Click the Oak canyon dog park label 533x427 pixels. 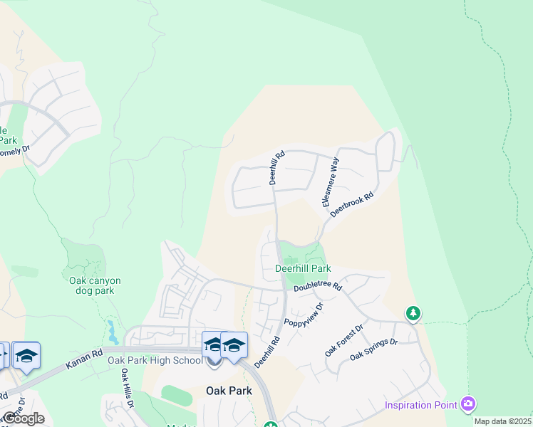[95, 285]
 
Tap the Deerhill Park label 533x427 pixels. [303, 269]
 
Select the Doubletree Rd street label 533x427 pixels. [318, 287]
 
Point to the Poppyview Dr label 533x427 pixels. [304, 313]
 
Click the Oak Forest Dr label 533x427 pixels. [343, 340]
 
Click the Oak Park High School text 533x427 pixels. [155, 360]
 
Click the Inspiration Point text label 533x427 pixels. [420, 405]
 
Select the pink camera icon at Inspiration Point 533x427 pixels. [468, 404]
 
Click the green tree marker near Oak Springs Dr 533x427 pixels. [413, 313]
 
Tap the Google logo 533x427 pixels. [24, 418]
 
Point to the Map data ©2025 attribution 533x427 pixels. [503, 421]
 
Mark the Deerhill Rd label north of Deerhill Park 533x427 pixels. [277, 167]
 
